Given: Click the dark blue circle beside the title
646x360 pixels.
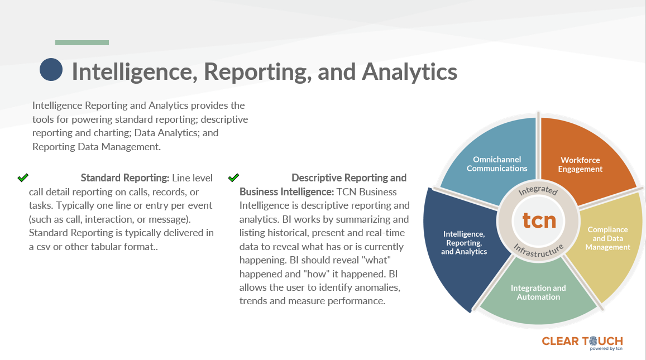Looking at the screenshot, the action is [x=51, y=69].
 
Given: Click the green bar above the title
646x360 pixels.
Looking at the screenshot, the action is [x=82, y=42].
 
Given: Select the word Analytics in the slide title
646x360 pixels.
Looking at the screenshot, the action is [x=409, y=71].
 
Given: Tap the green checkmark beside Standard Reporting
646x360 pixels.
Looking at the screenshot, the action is [x=23, y=177].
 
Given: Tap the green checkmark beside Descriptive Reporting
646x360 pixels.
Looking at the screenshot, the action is [x=233, y=177].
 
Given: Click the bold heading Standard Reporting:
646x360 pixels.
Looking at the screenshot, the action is [x=125, y=178].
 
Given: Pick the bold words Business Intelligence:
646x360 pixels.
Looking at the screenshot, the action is [x=287, y=192].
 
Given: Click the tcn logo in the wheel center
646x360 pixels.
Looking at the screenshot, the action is [x=539, y=220].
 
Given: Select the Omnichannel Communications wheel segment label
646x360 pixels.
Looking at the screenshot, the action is [x=497, y=164].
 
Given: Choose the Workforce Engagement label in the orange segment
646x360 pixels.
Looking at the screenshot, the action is [x=580, y=164].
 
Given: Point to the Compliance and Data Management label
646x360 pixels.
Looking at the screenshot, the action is [x=607, y=238].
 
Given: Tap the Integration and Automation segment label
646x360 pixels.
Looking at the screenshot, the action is [x=538, y=292].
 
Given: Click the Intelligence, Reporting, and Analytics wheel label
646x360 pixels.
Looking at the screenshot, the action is [x=464, y=243].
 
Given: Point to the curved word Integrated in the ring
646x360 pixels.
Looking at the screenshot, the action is [x=538, y=190].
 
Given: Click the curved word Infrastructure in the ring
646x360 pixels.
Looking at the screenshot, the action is [x=538, y=251].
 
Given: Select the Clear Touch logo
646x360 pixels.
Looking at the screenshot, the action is [x=582, y=343].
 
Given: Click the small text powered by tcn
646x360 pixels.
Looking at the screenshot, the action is [x=606, y=348].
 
